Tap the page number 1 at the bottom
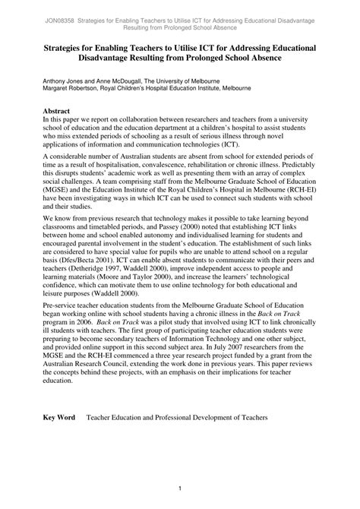[180, 488]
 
